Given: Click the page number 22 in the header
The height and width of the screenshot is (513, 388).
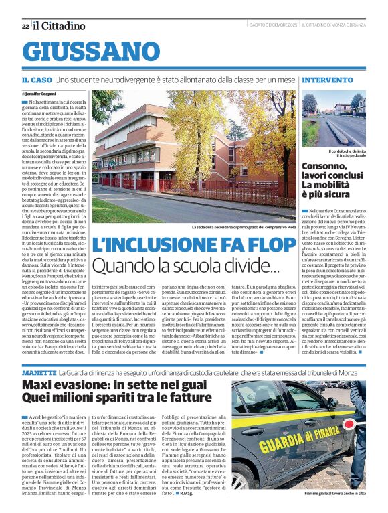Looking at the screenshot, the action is pyautogui.click(x=25, y=26).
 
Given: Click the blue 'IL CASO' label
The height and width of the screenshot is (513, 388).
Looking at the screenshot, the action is pyautogui.click(x=37, y=80).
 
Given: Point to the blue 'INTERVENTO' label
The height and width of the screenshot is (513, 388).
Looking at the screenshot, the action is pyautogui.click(x=328, y=80).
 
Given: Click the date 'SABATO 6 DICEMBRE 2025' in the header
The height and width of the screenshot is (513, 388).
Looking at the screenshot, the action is pyautogui.click(x=266, y=25).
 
